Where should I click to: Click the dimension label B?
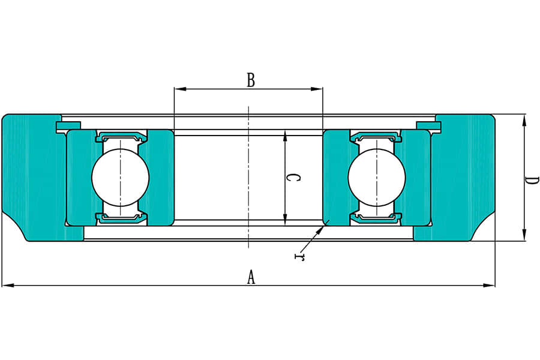pos(251,80)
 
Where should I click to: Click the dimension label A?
pos(251,277)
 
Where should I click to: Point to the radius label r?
pos(298,257)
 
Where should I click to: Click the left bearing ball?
pos(120,177)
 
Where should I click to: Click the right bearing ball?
pos(377,177)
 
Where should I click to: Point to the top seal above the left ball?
pos(121,136)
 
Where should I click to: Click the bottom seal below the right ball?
pos(376,218)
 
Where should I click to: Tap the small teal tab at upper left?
pos(68,125)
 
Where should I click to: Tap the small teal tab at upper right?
pos(428,125)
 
